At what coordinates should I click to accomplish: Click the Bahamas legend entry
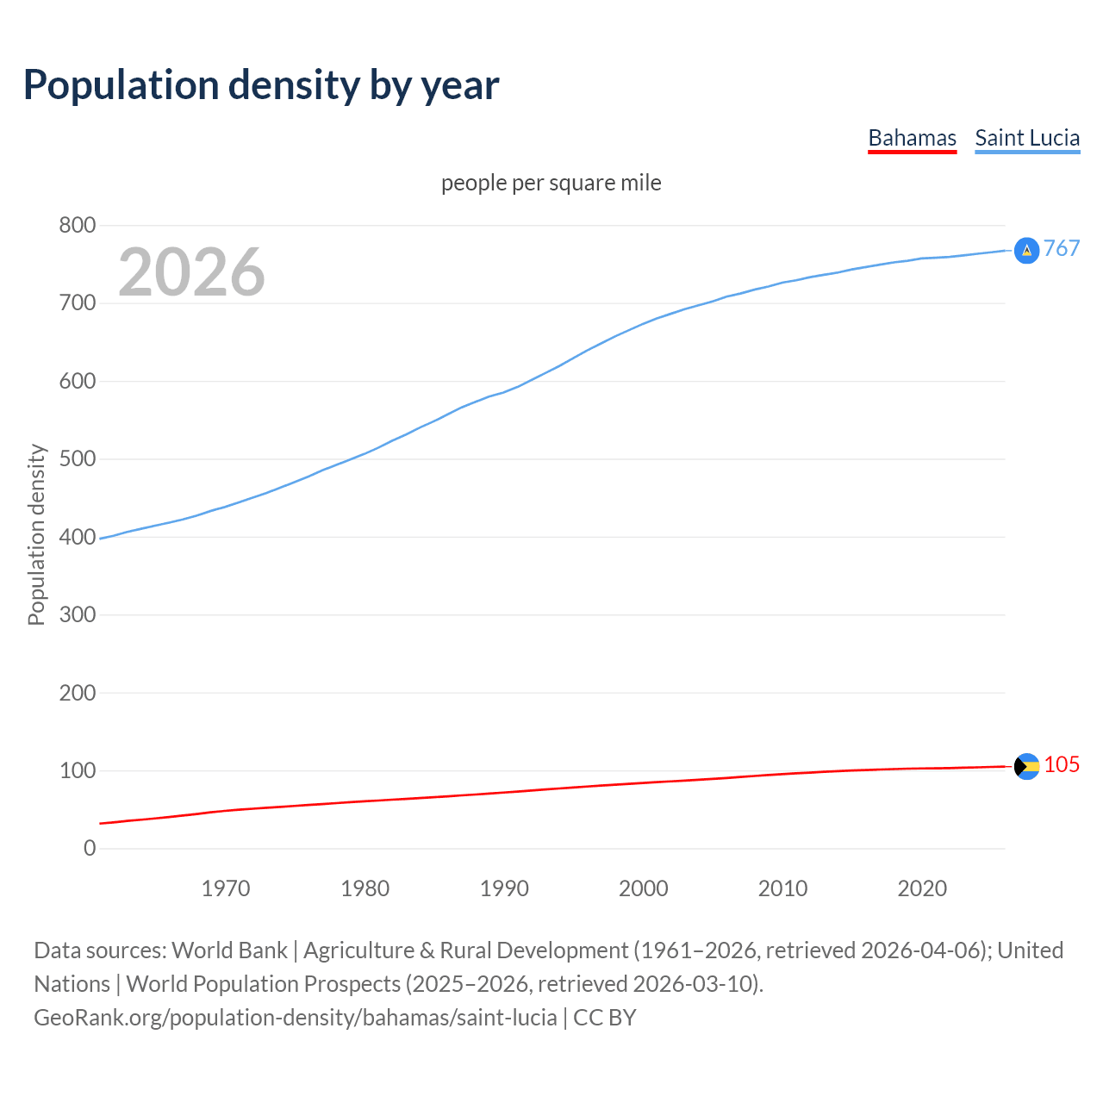point(912,138)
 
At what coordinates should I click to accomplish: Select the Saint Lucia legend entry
point(1026,138)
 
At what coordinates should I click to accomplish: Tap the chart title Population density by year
point(261,84)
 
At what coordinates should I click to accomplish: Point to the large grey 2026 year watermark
point(191,272)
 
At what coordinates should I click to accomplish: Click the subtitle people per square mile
point(551,183)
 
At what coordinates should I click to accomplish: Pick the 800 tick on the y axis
point(77,226)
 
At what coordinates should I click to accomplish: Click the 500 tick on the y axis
point(77,459)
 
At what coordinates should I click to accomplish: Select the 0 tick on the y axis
point(90,849)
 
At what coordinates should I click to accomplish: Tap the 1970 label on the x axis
point(226,888)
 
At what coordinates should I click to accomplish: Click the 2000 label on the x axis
point(643,888)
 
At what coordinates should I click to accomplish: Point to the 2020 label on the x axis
point(922,888)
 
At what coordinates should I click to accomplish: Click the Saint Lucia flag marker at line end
point(1026,251)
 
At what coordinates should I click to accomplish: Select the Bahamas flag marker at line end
point(1026,766)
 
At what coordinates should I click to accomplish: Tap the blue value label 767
point(1062,249)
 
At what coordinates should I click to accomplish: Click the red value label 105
point(1062,765)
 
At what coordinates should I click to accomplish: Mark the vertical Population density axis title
point(36,534)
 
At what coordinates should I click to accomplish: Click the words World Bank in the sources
point(229,950)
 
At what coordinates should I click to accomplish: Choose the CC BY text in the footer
point(605,1018)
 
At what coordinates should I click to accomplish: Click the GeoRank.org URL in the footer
point(295,1018)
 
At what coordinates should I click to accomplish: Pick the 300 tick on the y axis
point(77,615)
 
